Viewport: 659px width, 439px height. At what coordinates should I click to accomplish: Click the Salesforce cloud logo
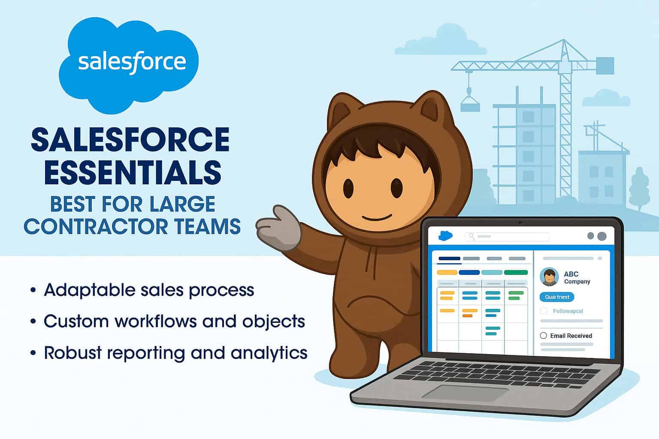pyautogui.click(x=129, y=64)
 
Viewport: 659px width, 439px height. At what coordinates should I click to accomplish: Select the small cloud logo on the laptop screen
pyautogui.click(x=446, y=235)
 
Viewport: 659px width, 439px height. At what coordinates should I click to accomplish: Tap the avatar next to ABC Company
pyautogui.click(x=549, y=277)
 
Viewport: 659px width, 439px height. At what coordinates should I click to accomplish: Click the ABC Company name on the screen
pyautogui.click(x=577, y=277)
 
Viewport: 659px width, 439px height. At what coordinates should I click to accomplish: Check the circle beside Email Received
pyautogui.click(x=544, y=336)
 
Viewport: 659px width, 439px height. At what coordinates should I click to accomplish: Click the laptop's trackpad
pyautogui.click(x=466, y=392)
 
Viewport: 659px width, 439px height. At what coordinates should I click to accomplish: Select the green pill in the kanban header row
pyautogui.click(x=515, y=272)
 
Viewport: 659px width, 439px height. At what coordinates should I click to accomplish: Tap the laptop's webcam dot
pyautogui.click(x=520, y=223)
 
